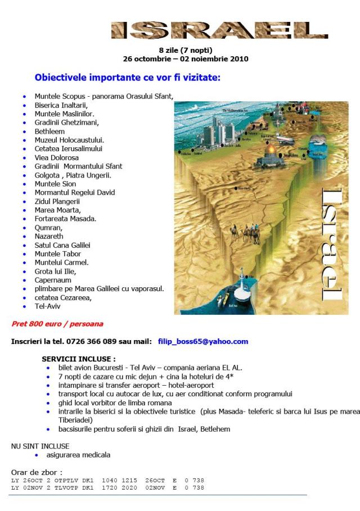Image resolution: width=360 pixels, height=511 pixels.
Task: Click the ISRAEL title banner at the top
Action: tap(219, 30)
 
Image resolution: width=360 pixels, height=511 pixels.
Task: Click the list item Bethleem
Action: tap(50, 131)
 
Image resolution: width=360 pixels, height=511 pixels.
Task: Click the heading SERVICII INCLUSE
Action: tap(78, 359)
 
